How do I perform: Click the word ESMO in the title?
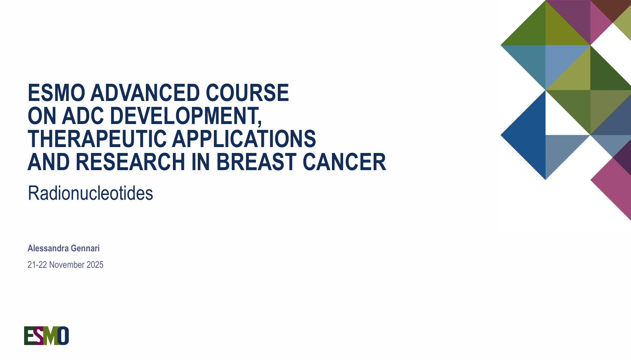click(x=56, y=93)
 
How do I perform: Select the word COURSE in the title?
click(x=247, y=93)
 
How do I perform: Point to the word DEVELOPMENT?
click(x=186, y=116)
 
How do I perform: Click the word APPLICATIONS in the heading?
click(x=244, y=139)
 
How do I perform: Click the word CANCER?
click(x=344, y=162)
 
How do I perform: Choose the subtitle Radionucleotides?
click(x=90, y=193)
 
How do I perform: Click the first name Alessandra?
click(x=48, y=248)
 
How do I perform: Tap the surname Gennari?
click(x=85, y=248)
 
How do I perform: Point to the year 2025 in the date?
click(x=95, y=265)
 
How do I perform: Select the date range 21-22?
click(x=37, y=265)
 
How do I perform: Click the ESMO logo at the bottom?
click(x=46, y=336)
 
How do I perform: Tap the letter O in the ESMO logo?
click(x=63, y=336)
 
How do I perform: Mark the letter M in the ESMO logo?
click(x=51, y=336)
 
